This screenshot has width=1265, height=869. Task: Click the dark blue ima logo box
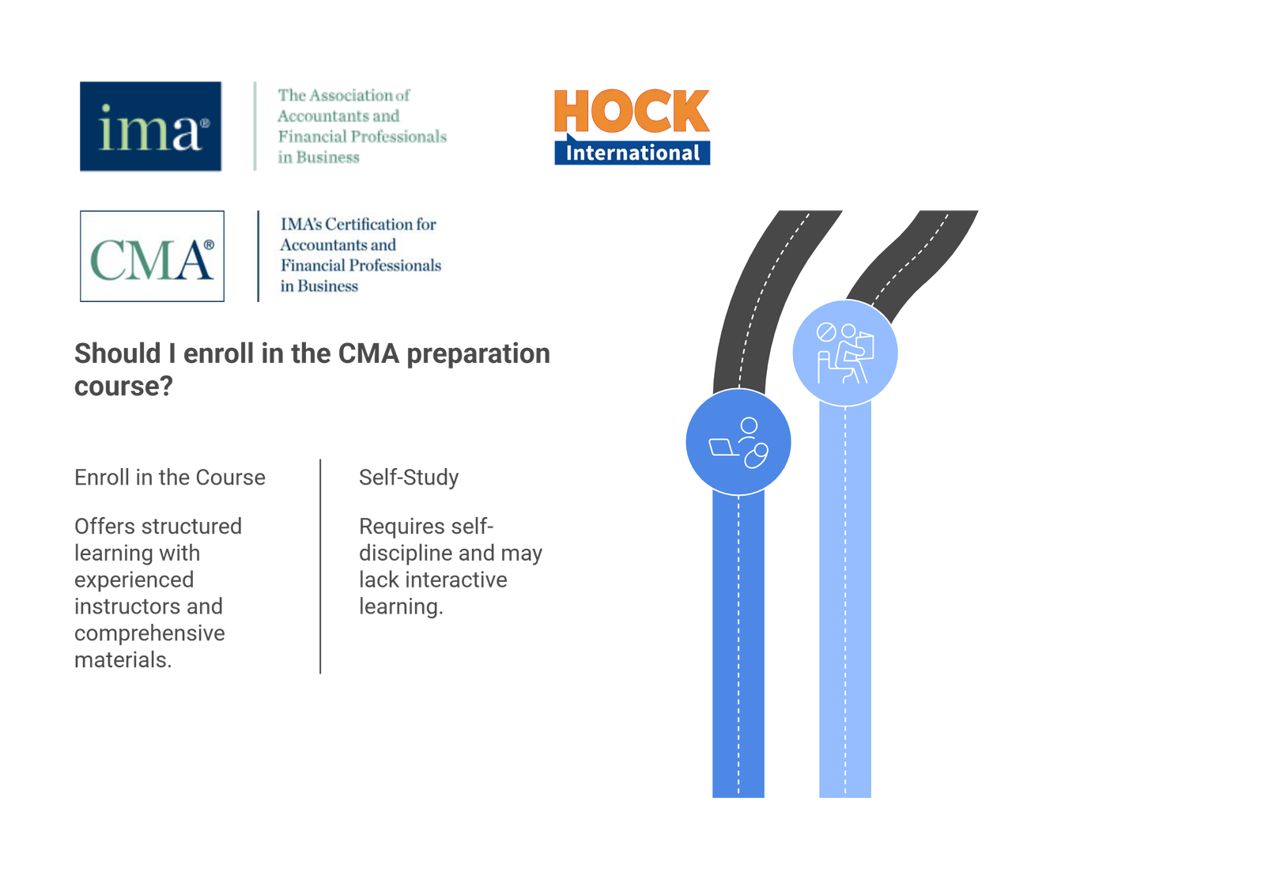point(151,126)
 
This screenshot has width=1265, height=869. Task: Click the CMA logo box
point(152,255)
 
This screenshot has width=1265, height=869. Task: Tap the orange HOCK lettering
point(632,111)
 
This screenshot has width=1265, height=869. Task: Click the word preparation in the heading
point(478,354)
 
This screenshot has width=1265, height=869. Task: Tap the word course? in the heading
point(123,387)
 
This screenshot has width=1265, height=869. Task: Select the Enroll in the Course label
point(170,478)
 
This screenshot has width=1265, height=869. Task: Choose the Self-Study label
point(409,478)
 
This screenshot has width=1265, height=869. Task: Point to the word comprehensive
point(149,633)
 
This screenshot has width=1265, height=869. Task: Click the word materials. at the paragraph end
point(123,660)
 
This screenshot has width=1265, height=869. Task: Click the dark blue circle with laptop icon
point(738,441)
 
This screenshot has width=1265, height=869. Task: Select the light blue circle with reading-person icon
point(845,353)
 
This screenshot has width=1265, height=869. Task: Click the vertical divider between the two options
point(320,566)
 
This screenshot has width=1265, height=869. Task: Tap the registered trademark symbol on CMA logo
point(209,245)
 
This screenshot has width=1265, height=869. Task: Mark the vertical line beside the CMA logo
point(258,255)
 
